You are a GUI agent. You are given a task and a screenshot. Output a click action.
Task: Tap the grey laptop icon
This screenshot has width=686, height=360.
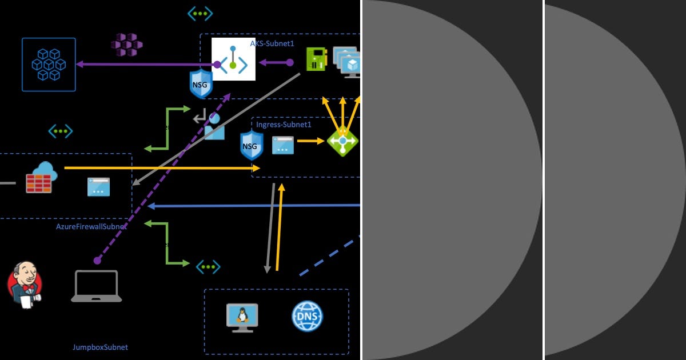click(x=96, y=286)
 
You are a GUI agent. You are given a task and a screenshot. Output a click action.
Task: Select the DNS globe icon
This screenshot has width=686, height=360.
click(x=307, y=316)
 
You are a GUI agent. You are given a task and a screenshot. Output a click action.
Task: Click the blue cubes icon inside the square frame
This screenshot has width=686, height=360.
click(x=49, y=64)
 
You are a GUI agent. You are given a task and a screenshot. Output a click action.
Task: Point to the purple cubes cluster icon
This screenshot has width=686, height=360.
click(x=126, y=45)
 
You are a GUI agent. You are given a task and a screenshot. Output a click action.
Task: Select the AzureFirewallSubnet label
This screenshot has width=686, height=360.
click(x=91, y=226)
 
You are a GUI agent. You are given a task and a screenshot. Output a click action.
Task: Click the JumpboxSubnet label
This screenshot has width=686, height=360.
click(x=100, y=347)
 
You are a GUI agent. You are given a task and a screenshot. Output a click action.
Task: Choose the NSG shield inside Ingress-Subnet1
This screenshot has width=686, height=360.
click(x=251, y=145)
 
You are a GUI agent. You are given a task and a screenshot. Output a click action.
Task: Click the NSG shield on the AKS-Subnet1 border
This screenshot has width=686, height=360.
click(x=201, y=84)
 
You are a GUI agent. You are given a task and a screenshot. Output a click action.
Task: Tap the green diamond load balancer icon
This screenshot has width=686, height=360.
click(x=342, y=141)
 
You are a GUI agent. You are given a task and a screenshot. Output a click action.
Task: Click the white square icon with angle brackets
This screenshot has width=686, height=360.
click(x=233, y=59)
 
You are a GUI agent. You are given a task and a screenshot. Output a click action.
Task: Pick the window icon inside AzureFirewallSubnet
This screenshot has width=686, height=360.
click(x=98, y=187)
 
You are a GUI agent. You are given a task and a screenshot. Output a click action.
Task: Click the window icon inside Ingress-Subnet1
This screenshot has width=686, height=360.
click(x=282, y=145)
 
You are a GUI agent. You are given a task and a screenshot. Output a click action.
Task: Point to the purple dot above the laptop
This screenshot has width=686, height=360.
click(x=97, y=261)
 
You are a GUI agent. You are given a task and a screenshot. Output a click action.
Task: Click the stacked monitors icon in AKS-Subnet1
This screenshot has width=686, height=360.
click(x=347, y=61)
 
